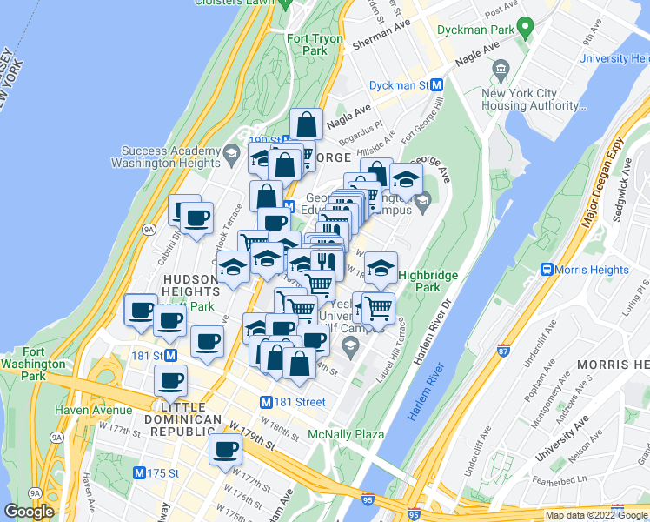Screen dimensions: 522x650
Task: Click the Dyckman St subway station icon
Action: point(437,85)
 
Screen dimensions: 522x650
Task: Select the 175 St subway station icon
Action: point(140,473)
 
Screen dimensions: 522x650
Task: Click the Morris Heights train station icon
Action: point(548,270)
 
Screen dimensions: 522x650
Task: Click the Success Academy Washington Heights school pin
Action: point(230,155)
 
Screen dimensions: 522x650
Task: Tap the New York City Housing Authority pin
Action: point(501,69)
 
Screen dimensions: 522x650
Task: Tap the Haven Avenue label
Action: point(93,410)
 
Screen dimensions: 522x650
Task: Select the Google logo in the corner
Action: point(29,512)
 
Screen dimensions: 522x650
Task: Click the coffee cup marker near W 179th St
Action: point(226,450)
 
